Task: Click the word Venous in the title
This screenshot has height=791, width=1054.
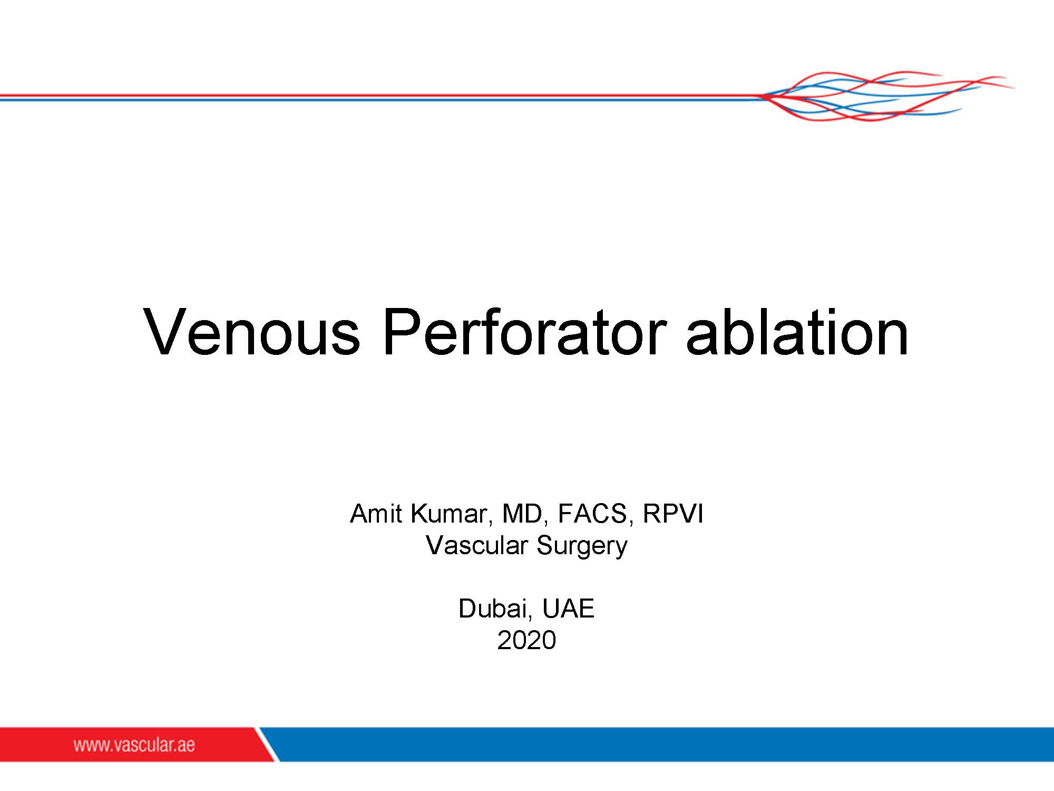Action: pos(252,332)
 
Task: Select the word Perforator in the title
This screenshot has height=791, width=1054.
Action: pos(524,332)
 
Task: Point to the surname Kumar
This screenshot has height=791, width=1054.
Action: pos(451,515)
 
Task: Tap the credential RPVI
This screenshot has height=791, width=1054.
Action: pos(673,514)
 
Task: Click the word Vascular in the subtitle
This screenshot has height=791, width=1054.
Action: pos(476,545)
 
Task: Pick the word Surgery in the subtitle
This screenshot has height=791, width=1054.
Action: pos(582,547)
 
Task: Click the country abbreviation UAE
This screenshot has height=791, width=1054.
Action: pos(568,609)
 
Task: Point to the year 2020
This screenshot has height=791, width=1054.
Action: pos(526,640)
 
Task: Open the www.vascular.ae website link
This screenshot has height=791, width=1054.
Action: pos(134,745)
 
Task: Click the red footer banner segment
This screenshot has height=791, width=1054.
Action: pos(137,745)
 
